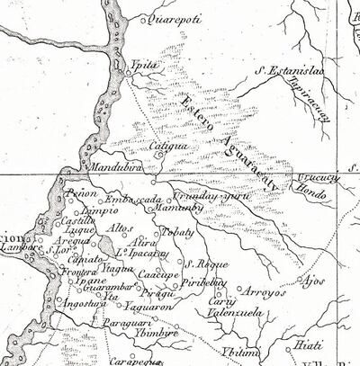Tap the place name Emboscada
(x=132, y=199)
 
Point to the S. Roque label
(x=202, y=265)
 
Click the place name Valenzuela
(x=235, y=312)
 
